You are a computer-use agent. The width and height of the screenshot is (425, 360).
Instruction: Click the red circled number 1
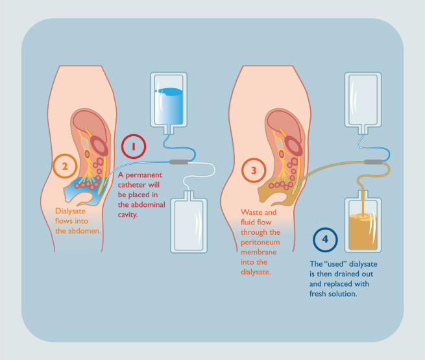coord(134,147)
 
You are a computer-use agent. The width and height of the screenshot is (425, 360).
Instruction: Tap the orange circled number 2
coord(65,166)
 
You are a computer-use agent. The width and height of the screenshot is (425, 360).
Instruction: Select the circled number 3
coord(254,171)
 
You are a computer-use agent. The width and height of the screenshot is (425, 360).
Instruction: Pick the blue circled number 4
coord(325,240)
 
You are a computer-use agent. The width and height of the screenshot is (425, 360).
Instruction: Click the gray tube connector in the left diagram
coord(179,162)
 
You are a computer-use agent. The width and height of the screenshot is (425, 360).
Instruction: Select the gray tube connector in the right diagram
coord(374,162)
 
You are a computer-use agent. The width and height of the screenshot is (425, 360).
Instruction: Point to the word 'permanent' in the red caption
coord(143,176)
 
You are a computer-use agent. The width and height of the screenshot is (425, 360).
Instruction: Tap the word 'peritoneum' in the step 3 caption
coord(260,242)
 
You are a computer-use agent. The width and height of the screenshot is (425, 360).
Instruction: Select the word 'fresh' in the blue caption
coord(318,294)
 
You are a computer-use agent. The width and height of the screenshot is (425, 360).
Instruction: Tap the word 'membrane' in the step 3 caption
coord(259,252)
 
